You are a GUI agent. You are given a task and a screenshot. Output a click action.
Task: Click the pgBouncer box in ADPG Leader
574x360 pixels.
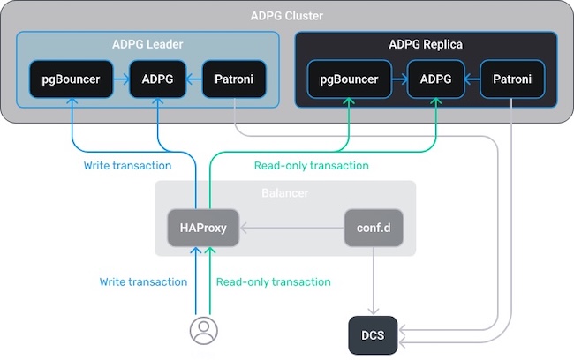pos(70,79)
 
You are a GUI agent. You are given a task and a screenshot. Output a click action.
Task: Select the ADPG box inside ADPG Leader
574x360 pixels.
pos(157,79)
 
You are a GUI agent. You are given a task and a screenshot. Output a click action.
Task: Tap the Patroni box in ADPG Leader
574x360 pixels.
pos(235,79)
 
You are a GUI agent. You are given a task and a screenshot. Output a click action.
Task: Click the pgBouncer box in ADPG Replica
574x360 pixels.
pos(349,79)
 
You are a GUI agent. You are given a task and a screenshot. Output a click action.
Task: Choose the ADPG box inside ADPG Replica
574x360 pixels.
pos(436,79)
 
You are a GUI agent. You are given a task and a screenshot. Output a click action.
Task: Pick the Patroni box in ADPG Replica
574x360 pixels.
pos(513,79)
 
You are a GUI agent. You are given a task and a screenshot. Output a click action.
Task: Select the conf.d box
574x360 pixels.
pos(374,228)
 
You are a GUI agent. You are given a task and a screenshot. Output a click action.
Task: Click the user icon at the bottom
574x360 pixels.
pos(204,331)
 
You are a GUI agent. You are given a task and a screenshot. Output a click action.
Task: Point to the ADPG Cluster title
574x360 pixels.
pos(286,15)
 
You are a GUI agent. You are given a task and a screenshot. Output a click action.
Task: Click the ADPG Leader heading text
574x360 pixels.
pos(147,44)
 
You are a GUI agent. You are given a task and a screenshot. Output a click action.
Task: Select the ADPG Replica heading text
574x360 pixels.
pos(426,44)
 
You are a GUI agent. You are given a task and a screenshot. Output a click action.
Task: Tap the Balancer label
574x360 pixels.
pos(284,192)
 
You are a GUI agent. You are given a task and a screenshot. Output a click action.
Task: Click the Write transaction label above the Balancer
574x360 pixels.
pos(127,165)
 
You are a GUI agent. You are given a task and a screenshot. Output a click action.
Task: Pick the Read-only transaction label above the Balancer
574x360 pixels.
pos(311,165)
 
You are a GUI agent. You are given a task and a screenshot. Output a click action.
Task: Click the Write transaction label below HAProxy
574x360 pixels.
pos(143,281)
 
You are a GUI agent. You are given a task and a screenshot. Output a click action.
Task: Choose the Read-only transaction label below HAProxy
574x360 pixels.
pos(273,281)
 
